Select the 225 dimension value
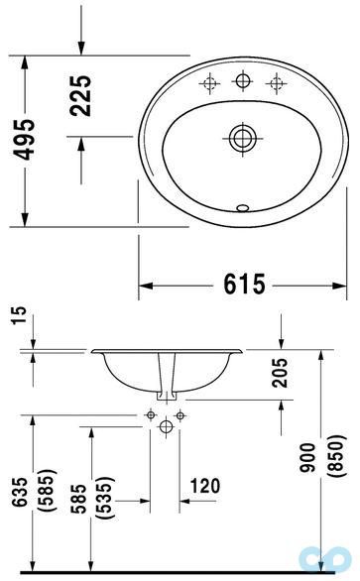[x=83, y=95]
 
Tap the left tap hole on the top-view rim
[x=211, y=82]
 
